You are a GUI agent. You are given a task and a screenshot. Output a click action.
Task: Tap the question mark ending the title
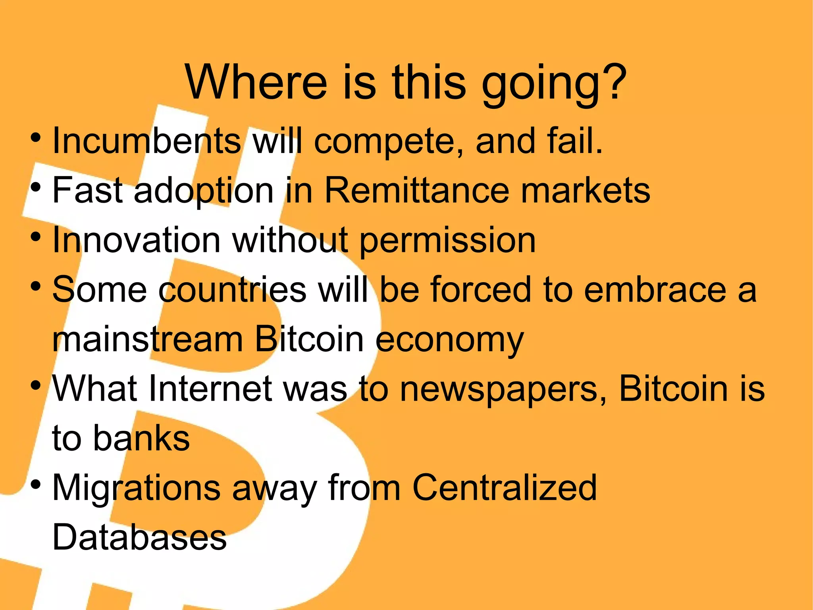(613, 82)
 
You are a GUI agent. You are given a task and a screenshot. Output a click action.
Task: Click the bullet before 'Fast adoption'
(36, 186)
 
